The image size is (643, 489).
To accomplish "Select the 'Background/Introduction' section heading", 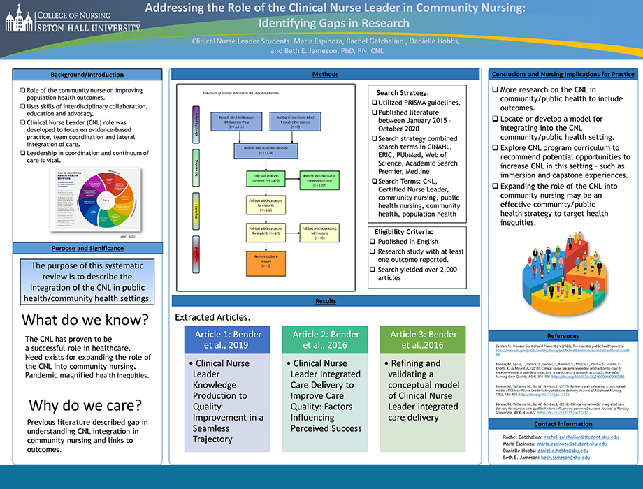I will (x=87, y=75).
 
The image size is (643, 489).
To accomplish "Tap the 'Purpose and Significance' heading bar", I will (x=87, y=249).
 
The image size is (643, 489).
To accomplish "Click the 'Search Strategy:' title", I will (x=403, y=92).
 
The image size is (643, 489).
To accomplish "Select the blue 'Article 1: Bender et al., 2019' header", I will (x=226, y=340).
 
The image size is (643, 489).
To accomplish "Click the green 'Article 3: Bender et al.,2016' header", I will (x=422, y=340).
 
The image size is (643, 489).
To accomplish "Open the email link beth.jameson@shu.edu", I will (x=561, y=458).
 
